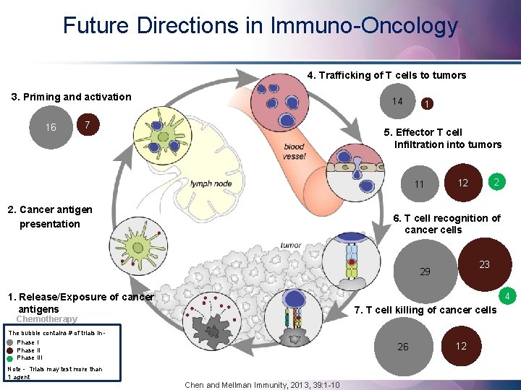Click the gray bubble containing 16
[x=51, y=128]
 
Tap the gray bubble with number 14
[x=397, y=101]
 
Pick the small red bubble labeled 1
[x=428, y=104]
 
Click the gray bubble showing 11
[x=420, y=184]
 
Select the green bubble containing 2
[x=496, y=182]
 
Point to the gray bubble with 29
[x=425, y=272]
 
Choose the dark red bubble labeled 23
[x=484, y=264]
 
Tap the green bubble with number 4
[x=508, y=296]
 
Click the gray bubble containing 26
[x=403, y=347]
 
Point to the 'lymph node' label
[x=211, y=183]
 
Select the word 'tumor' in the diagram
[x=291, y=245]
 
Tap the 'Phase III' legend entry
[x=30, y=357]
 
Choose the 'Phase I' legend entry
[x=27, y=342]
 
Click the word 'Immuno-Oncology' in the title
[x=364, y=26]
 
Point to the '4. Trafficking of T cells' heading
[x=386, y=75]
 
